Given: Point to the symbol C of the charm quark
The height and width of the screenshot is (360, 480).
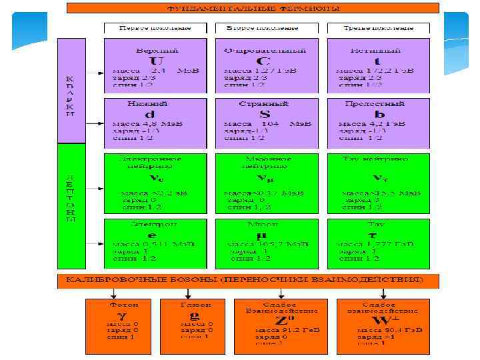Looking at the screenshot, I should pyautogui.click(x=265, y=60).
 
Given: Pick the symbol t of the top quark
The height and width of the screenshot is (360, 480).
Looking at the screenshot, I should pyautogui.click(x=377, y=60).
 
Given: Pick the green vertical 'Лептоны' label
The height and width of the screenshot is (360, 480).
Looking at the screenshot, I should pyautogui.click(x=71, y=197).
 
